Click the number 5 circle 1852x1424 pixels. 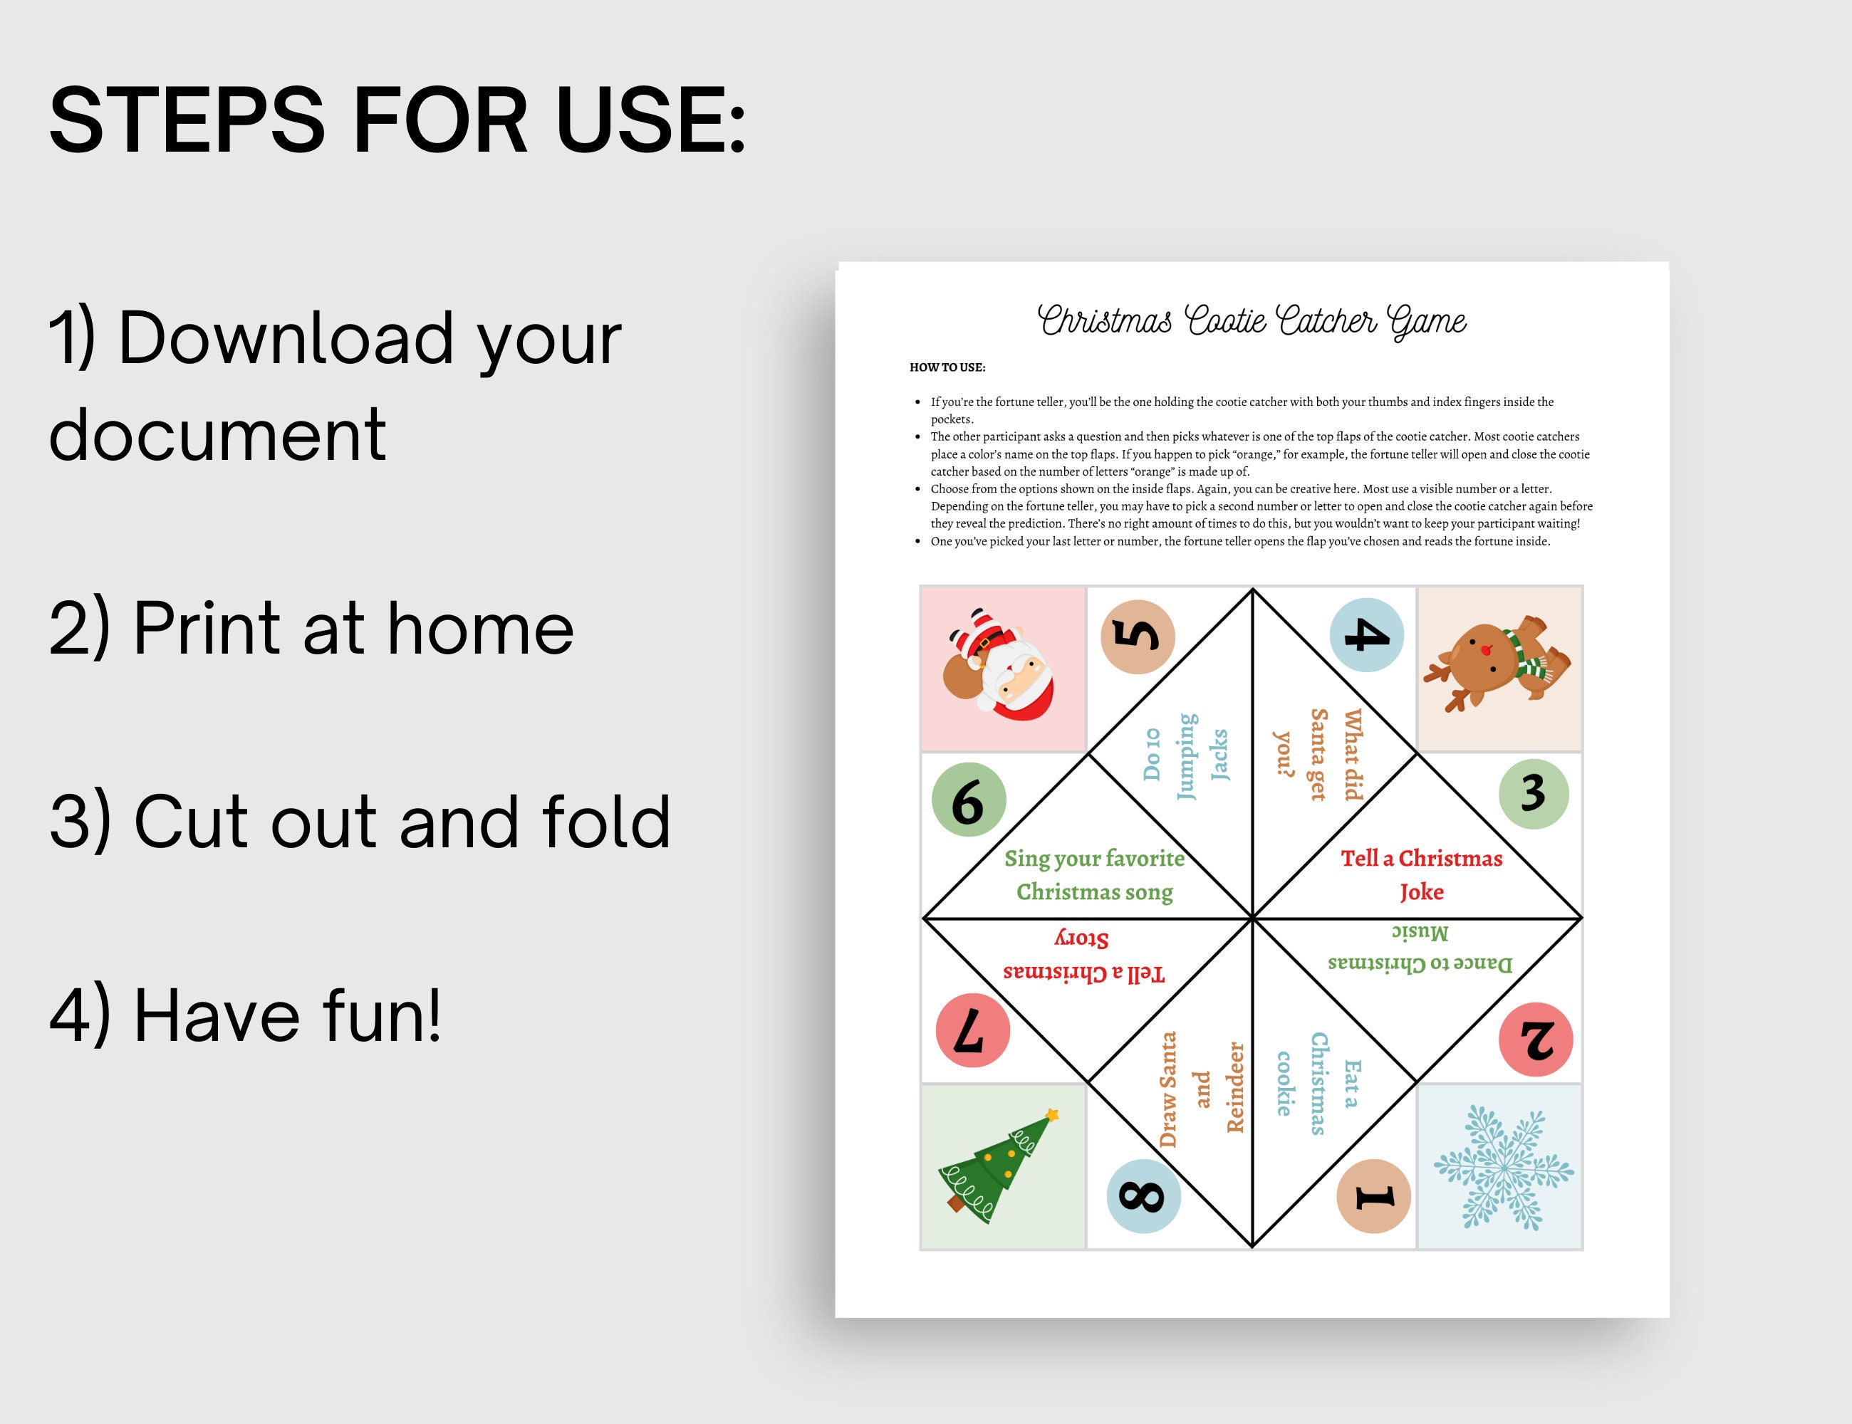click(1137, 637)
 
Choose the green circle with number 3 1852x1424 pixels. click(1533, 793)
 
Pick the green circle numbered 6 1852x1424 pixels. click(969, 800)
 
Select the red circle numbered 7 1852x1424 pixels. click(972, 1031)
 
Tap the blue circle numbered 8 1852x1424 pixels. click(1143, 1195)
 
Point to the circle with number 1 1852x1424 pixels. click(1373, 1196)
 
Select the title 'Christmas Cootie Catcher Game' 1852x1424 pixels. click(1252, 321)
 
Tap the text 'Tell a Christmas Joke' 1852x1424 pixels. click(1421, 875)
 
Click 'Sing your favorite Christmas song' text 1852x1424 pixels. click(1094, 875)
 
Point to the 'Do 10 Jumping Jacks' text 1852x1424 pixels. click(1185, 755)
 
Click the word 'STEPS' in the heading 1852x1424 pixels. click(187, 120)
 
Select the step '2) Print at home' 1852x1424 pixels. click(311, 628)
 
